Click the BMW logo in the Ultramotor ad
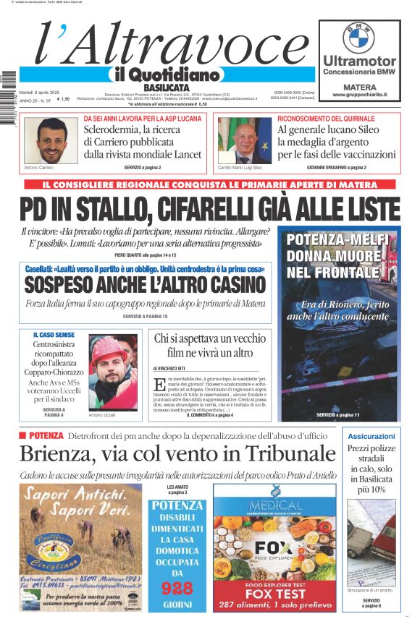[x=359, y=38]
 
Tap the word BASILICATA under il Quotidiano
[x=161, y=87]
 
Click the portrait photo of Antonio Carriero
[x=46, y=140]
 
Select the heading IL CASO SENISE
[x=54, y=335]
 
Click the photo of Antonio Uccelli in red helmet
[x=112, y=372]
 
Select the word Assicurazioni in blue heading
[x=371, y=437]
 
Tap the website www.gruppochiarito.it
[x=359, y=95]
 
